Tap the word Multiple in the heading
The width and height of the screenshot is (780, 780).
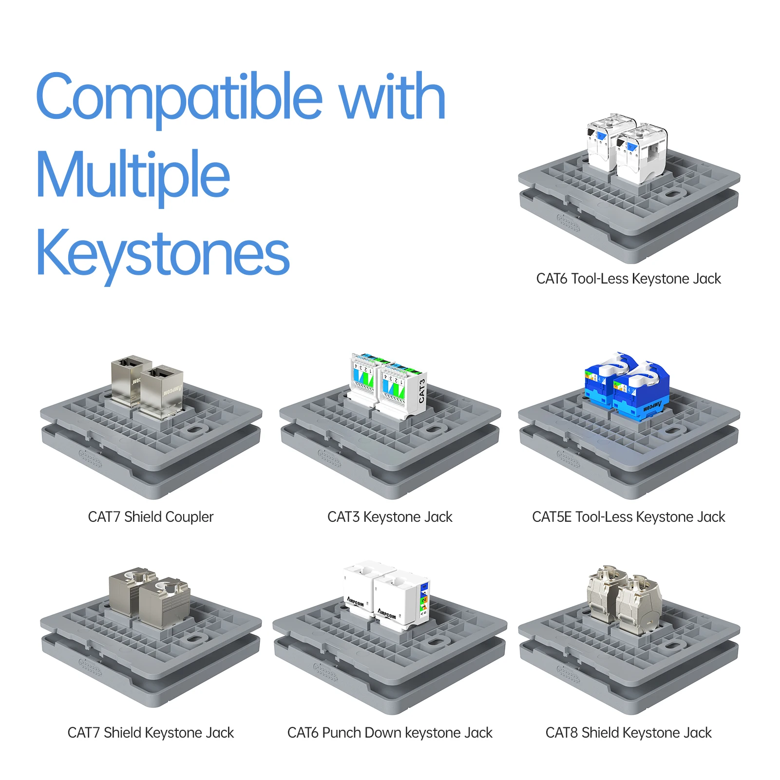(133, 176)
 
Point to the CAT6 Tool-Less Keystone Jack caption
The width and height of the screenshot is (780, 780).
(628, 279)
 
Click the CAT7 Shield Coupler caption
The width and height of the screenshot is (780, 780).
(151, 517)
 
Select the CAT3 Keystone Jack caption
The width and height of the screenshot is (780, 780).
(390, 517)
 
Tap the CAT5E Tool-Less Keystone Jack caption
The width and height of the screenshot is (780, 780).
(628, 517)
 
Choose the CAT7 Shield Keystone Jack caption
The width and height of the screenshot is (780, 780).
(151, 733)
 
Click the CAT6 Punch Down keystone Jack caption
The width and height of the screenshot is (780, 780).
(390, 733)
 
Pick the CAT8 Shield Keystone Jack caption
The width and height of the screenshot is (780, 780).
(628, 733)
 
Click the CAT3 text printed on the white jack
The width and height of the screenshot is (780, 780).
(421, 391)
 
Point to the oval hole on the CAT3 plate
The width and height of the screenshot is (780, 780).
(433, 429)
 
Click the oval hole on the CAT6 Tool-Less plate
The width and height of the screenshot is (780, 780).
(673, 194)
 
